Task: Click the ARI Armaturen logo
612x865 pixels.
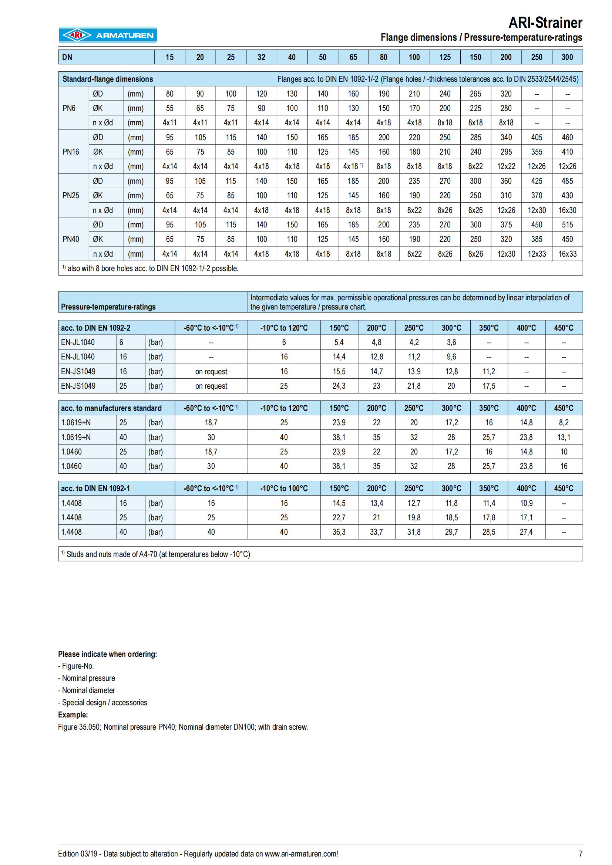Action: [108, 35]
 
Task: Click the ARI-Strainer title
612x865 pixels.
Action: [545, 23]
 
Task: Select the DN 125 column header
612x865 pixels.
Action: [445, 57]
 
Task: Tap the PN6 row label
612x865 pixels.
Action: [69, 108]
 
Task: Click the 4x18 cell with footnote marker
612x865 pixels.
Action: [353, 166]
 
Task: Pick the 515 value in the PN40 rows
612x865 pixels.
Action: [567, 225]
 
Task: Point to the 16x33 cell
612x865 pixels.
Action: [567, 254]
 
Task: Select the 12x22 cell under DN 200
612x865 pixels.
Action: [506, 166]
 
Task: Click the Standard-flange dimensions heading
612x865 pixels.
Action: [108, 79]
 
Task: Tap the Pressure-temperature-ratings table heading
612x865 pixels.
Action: [108, 307]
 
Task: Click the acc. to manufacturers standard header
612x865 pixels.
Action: [111, 408]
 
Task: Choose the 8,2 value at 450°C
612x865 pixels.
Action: [564, 423]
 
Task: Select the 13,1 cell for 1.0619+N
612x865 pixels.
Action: [564, 437]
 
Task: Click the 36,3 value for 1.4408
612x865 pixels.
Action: [339, 532]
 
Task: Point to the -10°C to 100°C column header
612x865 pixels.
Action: [284, 489]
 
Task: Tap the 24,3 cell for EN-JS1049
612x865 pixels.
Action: [339, 386]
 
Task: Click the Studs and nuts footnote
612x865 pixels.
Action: [156, 554]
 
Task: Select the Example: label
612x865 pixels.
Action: [73, 715]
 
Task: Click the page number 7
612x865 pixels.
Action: [580, 854]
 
